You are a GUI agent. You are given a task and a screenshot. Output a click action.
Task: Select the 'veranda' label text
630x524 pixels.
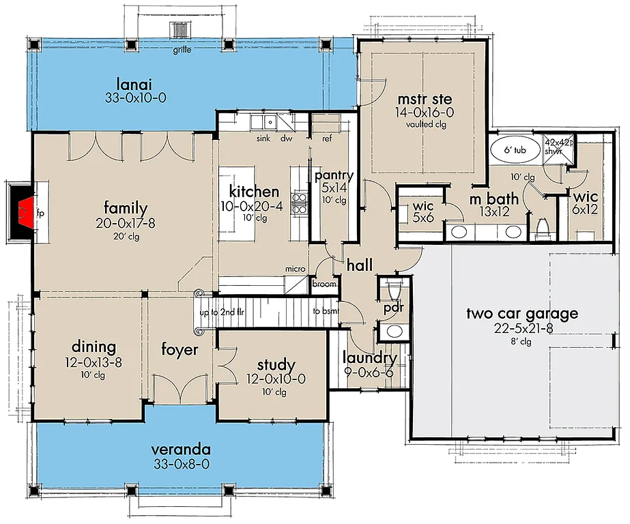coord(180,450)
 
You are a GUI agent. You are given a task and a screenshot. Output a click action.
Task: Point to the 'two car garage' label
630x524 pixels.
coord(522,314)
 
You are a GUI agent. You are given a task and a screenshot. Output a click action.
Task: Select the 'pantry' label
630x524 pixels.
coord(334,176)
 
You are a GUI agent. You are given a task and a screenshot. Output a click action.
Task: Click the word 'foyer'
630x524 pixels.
coord(180,350)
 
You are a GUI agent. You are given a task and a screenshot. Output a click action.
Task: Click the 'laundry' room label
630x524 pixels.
coord(370,358)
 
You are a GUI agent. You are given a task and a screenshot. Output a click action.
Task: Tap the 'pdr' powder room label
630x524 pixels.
coord(394,308)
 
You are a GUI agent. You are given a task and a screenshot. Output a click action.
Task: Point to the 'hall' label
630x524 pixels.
coord(358,265)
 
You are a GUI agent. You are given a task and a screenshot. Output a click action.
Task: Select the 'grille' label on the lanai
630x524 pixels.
coord(182,50)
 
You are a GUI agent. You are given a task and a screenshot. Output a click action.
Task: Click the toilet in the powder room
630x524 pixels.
coord(392,289)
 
